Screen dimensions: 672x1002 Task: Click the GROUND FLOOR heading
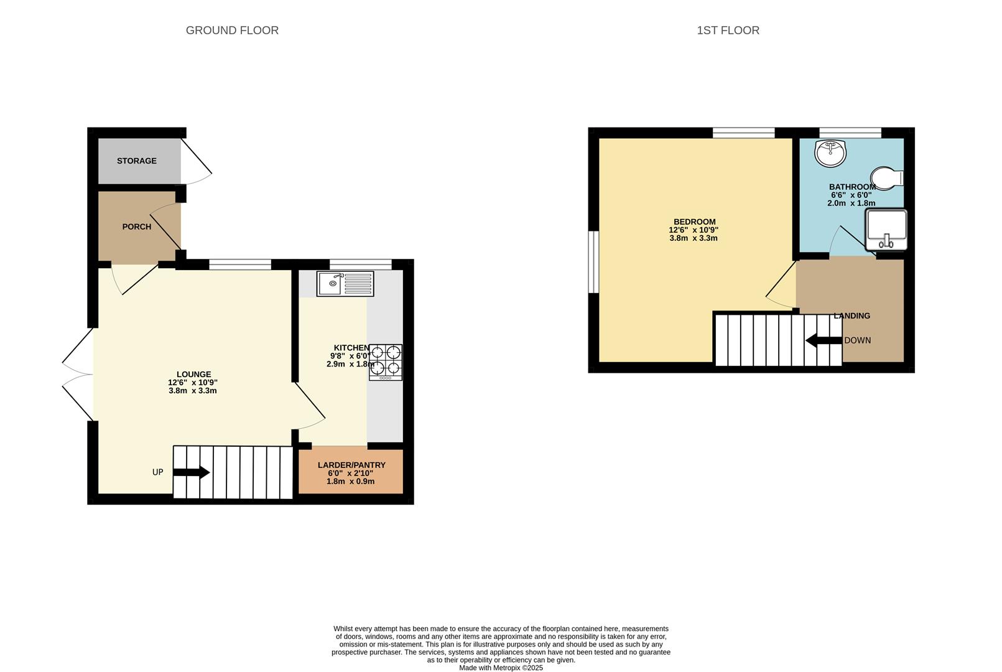point(232,30)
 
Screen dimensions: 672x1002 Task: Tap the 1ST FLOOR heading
point(728,30)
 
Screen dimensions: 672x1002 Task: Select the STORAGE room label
point(137,161)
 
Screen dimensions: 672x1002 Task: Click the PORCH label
point(137,227)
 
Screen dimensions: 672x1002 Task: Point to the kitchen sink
point(345,284)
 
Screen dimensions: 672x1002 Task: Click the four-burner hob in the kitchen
point(386,362)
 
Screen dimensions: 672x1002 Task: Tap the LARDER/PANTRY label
point(351,465)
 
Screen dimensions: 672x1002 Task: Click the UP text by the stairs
point(158,472)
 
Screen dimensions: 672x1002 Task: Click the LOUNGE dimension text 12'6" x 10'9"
point(193,383)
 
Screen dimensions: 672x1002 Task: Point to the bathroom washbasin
point(831,153)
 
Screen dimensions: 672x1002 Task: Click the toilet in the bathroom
point(888,176)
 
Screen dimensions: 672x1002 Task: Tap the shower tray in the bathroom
point(886,230)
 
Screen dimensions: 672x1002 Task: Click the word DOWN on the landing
point(858,340)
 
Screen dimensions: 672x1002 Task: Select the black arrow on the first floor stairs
point(823,340)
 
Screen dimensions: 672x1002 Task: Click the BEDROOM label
point(695,222)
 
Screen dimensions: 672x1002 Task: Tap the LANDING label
point(852,316)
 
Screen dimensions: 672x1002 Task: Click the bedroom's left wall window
point(593,262)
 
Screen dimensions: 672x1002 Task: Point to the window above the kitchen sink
point(361,264)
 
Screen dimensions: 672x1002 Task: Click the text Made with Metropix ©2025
point(501,668)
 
